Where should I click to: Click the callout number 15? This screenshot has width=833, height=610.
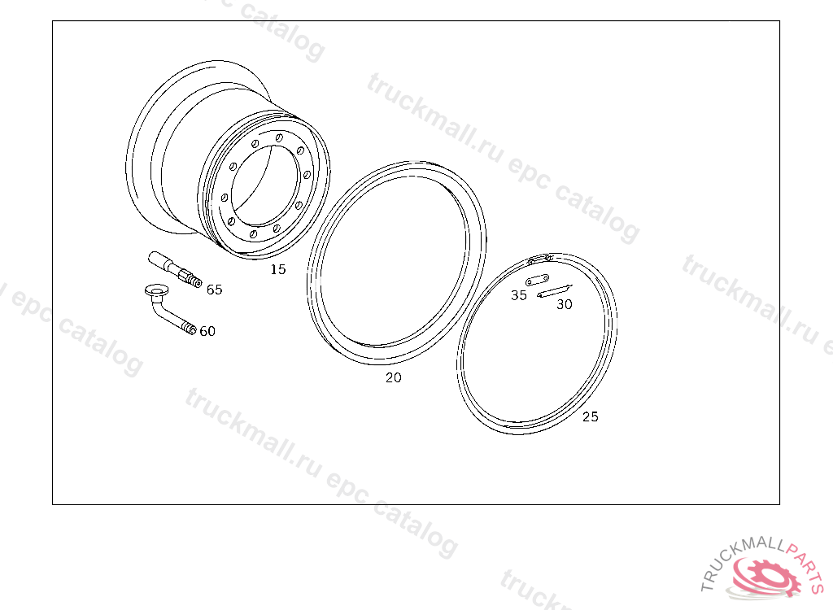coord(278,269)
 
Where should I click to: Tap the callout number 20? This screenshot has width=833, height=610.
coord(394,378)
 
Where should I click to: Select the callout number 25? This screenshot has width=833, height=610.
coord(591,416)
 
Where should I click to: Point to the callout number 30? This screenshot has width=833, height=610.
coord(565,304)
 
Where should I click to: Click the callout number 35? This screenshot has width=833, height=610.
coord(519,295)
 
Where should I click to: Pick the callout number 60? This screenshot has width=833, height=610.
coord(207,332)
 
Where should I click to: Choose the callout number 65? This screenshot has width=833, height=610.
coord(214,290)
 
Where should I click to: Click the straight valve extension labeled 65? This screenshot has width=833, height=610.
coord(175,269)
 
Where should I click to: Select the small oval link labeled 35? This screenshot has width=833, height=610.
coord(537,280)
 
